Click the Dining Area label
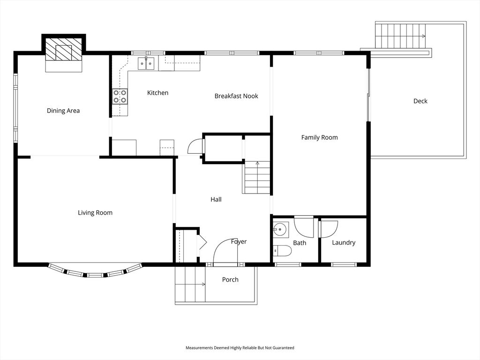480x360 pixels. (x=63, y=111)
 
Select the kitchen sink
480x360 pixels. (x=146, y=63)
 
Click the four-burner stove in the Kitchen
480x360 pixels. (x=120, y=96)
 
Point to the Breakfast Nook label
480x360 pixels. (x=236, y=96)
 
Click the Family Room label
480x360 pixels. (x=319, y=138)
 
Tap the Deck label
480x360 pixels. (x=420, y=101)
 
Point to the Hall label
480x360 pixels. (x=216, y=200)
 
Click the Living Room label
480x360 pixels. (x=95, y=213)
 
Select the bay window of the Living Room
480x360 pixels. (x=95, y=273)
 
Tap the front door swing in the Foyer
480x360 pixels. (x=225, y=254)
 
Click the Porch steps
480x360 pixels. (x=190, y=284)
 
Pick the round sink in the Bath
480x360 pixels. (x=280, y=230)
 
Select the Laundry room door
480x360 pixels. (x=328, y=229)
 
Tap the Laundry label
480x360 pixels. (x=344, y=243)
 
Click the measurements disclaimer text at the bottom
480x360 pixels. (x=240, y=348)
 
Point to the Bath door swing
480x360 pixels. (x=304, y=227)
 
